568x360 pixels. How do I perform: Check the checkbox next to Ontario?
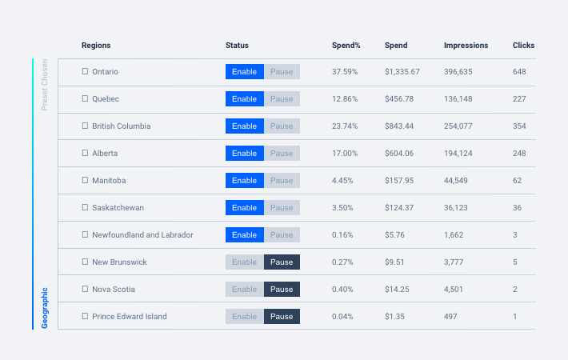click(85, 72)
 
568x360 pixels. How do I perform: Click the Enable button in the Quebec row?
click(244, 99)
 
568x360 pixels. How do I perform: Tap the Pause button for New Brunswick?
click(282, 262)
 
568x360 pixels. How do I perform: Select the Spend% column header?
click(346, 46)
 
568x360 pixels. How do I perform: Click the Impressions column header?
click(466, 46)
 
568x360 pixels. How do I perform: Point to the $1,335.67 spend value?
click(402, 72)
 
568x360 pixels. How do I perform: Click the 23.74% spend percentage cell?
click(345, 126)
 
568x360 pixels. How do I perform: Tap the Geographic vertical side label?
click(45, 307)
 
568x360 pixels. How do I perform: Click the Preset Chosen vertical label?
click(45, 84)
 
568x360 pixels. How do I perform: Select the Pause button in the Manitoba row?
click(282, 181)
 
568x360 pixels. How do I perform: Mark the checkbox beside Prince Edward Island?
click(85, 317)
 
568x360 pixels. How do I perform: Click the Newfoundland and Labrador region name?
click(142, 235)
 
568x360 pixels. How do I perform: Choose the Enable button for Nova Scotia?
click(244, 290)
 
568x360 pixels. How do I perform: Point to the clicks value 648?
click(519, 72)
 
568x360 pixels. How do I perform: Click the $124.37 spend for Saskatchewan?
click(399, 208)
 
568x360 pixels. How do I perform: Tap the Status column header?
click(237, 46)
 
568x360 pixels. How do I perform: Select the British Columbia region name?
click(121, 126)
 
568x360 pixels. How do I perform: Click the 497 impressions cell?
click(451, 317)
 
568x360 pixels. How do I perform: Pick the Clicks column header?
click(523, 46)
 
